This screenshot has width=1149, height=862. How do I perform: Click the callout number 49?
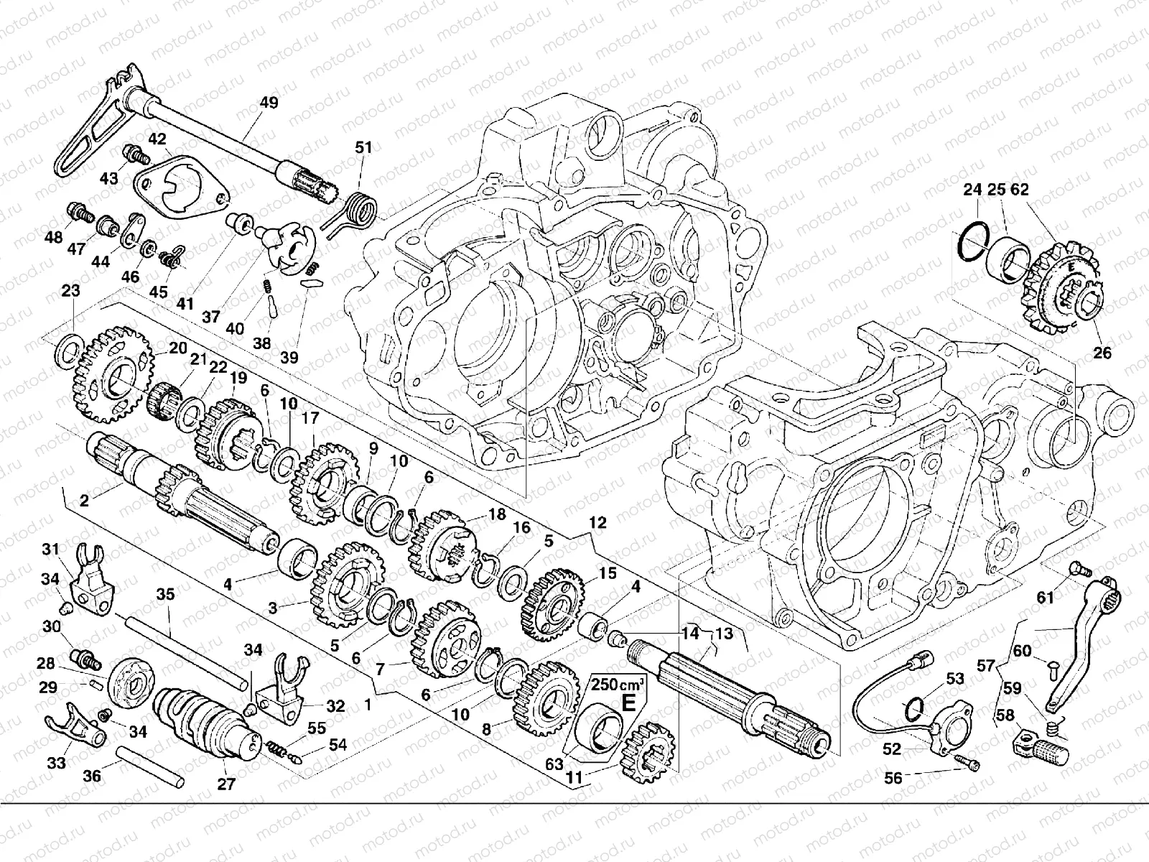[x=268, y=103]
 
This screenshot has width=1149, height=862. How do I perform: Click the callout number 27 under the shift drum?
[x=226, y=784]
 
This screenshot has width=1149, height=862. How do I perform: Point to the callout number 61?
[x=1045, y=597]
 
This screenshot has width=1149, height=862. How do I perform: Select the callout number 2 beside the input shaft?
[x=84, y=501]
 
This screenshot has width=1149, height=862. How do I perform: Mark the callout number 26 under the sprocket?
[x=1102, y=353]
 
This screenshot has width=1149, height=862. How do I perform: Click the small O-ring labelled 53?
[x=913, y=708]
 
